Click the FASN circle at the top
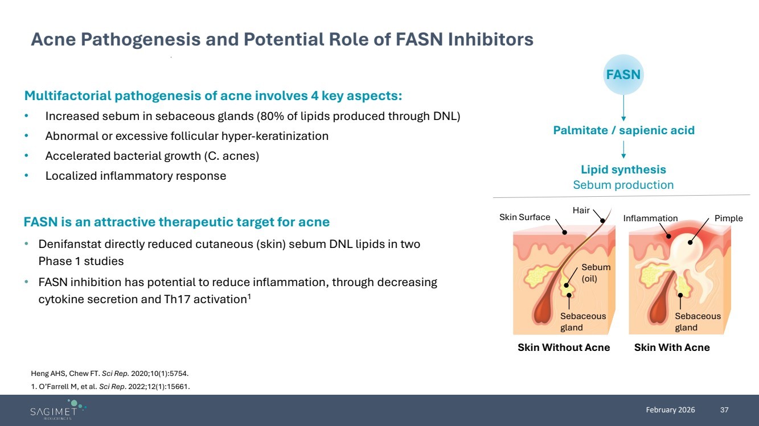tap(623, 75)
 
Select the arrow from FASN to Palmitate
tap(623, 107)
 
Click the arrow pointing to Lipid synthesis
tap(623, 149)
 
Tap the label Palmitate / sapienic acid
tap(623, 130)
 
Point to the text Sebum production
tap(623, 185)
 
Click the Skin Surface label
tap(524, 217)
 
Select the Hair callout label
tap(581, 210)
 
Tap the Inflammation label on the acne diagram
tap(650, 218)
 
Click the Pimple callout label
tap(728, 218)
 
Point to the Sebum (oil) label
tap(596, 272)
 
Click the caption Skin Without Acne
tap(563, 348)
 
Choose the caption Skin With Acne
tap(672, 348)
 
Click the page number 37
tap(724, 410)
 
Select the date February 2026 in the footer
tap(670, 410)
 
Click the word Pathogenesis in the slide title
tap(137, 39)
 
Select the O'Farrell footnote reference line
tap(110, 387)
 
